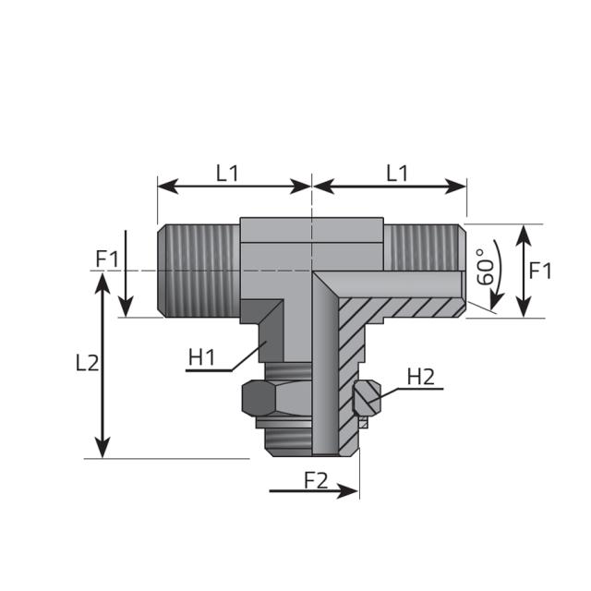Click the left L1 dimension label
227,172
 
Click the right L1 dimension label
397,172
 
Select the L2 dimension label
87,363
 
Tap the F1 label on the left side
107,259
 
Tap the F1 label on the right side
541,271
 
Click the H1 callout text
201,356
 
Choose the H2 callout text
420,376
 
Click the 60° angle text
485,267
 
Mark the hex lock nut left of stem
260,399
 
